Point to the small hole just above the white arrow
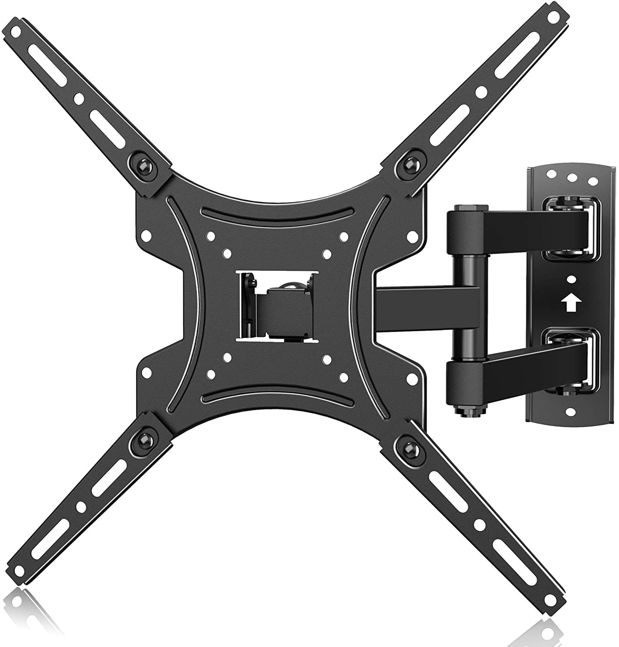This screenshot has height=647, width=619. pyautogui.click(x=571, y=280)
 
